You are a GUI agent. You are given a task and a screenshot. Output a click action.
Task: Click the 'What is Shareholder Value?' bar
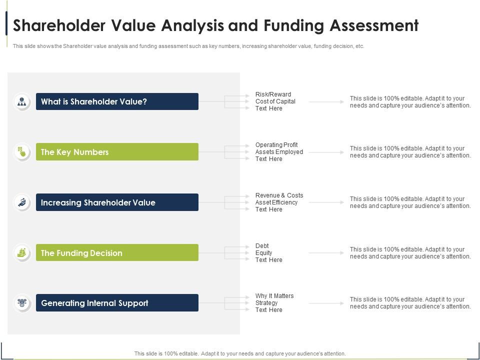pyautogui.click(x=117, y=101)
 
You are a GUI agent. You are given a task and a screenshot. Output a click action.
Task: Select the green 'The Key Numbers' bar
pyautogui.click(x=117, y=152)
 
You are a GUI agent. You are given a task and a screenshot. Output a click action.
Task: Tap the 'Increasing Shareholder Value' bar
pyautogui.click(x=117, y=202)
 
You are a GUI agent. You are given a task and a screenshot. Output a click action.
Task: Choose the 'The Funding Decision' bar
pyautogui.click(x=117, y=253)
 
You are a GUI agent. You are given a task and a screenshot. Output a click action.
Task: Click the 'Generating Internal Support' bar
pyautogui.click(x=117, y=303)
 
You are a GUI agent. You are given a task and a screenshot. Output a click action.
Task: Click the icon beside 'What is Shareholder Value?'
pyautogui.click(x=22, y=101)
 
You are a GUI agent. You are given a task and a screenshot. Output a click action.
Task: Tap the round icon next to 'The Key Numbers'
pyautogui.click(x=22, y=152)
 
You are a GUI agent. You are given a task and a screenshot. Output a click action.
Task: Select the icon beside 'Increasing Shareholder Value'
pyautogui.click(x=22, y=202)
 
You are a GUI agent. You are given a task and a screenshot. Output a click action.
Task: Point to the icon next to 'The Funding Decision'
pyautogui.click(x=22, y=253)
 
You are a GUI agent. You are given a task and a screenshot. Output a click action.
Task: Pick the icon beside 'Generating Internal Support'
pyautogui.click(x=22, y=303)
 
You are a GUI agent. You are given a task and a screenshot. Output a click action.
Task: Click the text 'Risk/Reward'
pyautogui.click(x=273, y=94)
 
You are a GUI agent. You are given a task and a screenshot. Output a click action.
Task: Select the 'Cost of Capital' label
pyautogui.click(x=275, y=101)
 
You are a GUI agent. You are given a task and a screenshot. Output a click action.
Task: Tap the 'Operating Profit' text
pyautogui.click(x=276, y=145)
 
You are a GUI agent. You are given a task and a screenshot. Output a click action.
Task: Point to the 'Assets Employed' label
pyautogui.click(x=279, y=152)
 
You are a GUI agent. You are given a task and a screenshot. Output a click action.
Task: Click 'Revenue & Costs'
pyautogui.click(x=279, y=195)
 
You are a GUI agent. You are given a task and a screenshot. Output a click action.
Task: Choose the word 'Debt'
pyautogui.click(x=262, y=246)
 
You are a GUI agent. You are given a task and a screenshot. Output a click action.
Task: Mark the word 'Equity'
pyautogui.click(x=263, y=253)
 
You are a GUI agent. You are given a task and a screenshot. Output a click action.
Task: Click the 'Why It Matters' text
pyautogui.click(x=274, y=296)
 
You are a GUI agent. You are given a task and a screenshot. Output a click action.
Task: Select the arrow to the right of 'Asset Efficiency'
pyautogui.click(x=326, y=202)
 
